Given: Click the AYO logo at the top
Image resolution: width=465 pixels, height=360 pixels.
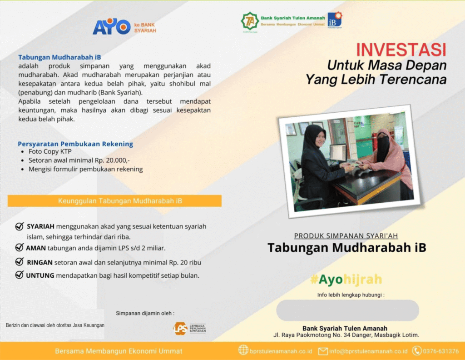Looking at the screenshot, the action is coord(112,26).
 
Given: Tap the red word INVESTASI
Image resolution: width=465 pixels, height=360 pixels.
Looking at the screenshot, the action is coord(401,50).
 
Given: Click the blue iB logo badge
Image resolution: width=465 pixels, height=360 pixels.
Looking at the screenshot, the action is coord(335,20).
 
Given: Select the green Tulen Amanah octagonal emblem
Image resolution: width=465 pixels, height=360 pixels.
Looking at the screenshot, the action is coord(250,21).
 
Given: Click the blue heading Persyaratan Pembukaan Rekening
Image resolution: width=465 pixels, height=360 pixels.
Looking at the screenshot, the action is coord(75,144).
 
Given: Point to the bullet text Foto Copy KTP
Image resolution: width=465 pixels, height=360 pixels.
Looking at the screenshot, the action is coord(50,152).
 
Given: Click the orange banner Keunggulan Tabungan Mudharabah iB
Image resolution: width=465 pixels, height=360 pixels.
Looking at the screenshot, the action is coord(114,201).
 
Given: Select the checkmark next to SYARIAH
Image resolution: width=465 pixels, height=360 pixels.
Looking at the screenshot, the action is coord(20,226).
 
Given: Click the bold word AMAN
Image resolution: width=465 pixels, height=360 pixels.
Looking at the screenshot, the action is coord(35,248).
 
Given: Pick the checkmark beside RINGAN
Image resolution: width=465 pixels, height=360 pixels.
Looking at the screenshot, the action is coord(20,261).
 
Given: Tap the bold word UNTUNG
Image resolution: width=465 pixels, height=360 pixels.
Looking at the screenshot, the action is coord(40,276).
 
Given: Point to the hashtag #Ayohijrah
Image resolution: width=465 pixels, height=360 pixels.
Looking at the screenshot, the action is coord(346,279).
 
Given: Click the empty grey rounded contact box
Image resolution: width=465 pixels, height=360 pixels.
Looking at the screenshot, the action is coord(347,310).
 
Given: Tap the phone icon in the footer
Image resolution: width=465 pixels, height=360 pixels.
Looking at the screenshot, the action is coord(417,351).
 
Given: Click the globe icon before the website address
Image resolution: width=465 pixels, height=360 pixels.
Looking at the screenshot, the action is coord(243,350).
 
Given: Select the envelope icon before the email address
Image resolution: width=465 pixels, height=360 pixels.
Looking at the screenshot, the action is coord(323,351).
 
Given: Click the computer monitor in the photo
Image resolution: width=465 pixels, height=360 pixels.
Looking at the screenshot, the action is coord(338,153).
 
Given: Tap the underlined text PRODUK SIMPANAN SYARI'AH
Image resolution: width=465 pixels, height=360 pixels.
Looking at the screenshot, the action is coord(346,235).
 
